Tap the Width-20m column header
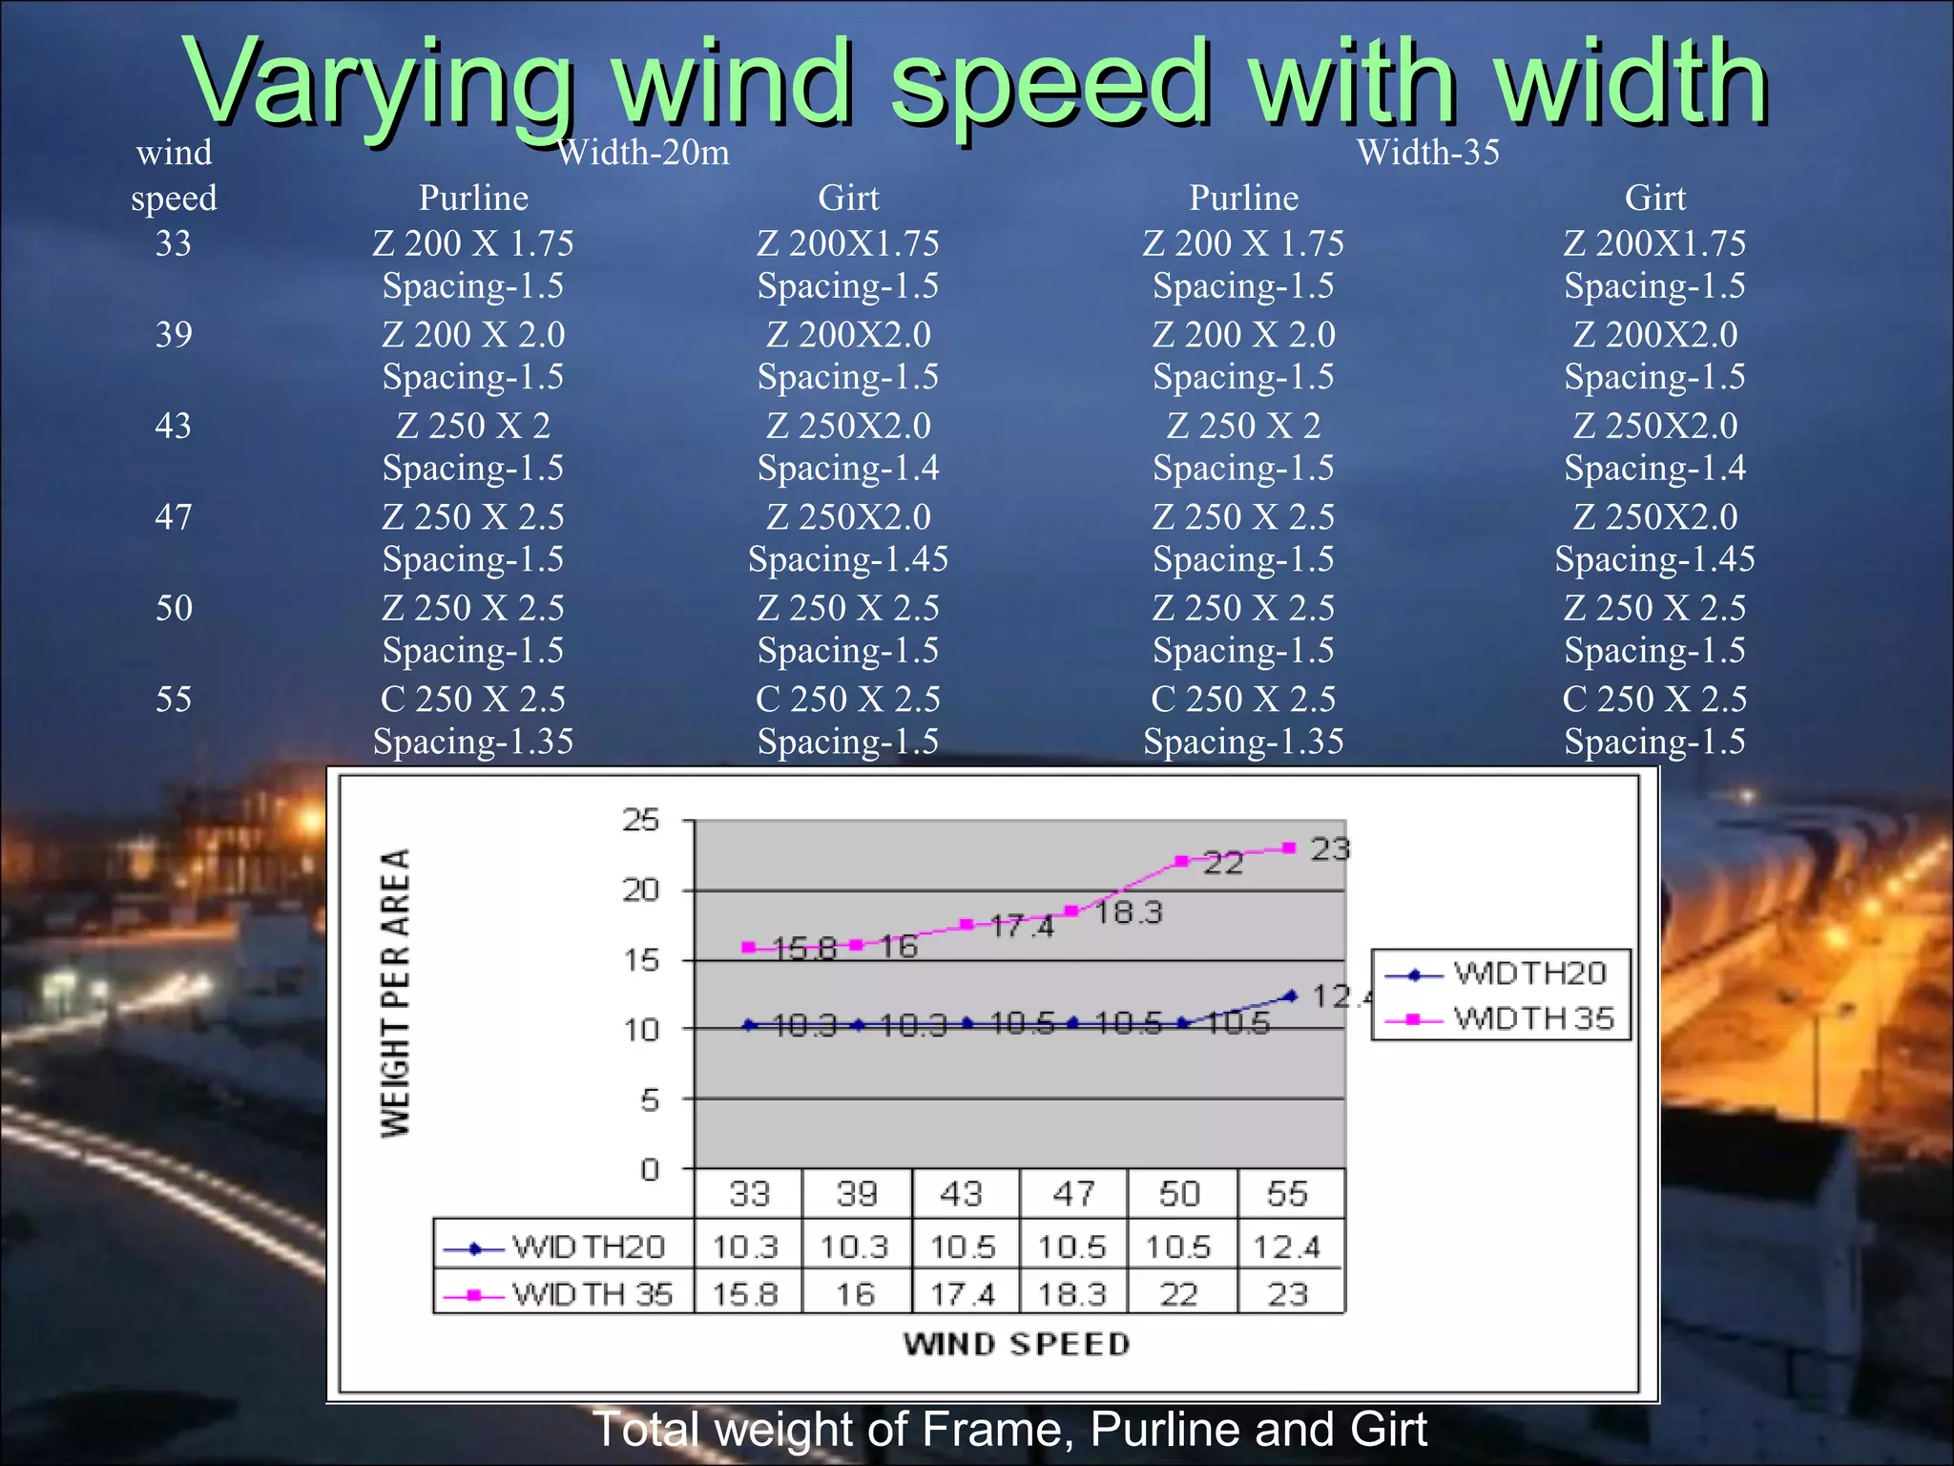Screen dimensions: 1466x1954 coord(643,153)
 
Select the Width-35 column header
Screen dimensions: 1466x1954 coord(1427,153)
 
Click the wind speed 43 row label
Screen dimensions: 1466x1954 coord(173,426)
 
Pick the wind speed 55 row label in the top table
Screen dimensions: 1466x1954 coord(173,700)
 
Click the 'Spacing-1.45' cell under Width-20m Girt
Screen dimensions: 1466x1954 coord(848,559)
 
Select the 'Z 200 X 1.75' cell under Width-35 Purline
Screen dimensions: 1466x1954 coord(1243,243)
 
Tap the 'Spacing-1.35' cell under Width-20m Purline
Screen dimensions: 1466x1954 coord(473,742)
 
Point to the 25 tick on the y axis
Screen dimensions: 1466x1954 coord(641,820)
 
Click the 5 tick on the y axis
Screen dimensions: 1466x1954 coord(649,1099)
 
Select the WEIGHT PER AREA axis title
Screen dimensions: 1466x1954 coord(396,993)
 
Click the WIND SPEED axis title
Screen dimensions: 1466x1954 coord(1017,1344)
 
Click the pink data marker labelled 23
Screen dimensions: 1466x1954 coord(1289,848)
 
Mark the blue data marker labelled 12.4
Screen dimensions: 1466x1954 coord(1291,995)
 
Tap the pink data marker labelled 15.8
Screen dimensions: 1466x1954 coord(749,948)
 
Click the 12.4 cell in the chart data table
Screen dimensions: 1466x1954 coord(1286,1246)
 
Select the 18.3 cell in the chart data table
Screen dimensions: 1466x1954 coord(1071,1294)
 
